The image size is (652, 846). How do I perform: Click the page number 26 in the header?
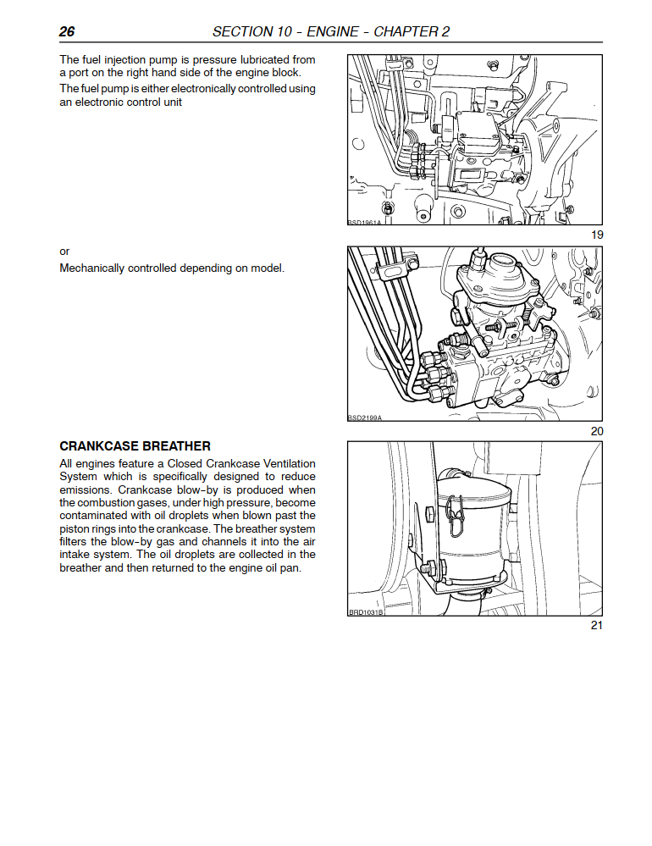67,32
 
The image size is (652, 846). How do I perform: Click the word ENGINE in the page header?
332,32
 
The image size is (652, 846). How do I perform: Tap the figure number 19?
597,235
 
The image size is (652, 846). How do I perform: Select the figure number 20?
597,431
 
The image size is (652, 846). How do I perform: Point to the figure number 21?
597,625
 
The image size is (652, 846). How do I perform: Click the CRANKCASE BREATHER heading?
135,446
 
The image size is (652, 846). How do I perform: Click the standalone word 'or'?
64,252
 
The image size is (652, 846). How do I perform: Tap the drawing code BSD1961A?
365,222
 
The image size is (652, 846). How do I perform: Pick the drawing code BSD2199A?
365,417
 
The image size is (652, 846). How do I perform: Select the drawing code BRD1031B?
366,612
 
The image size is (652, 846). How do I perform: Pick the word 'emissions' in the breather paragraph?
86,490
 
